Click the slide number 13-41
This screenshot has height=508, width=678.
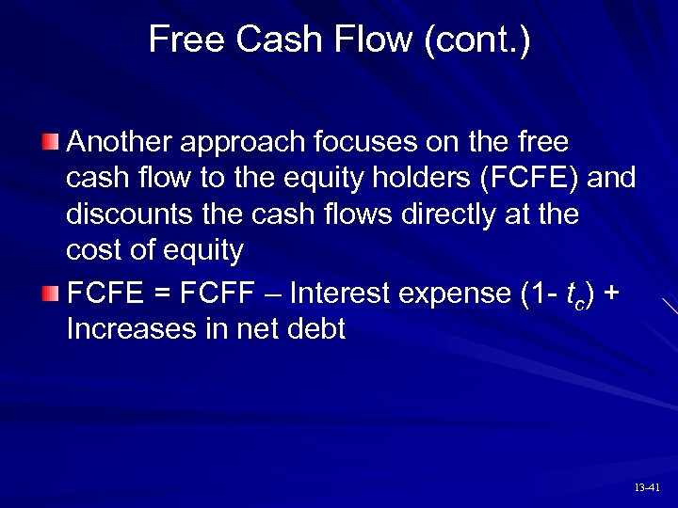click(647, 487)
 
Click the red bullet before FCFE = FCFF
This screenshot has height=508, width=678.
click(52, 294)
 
